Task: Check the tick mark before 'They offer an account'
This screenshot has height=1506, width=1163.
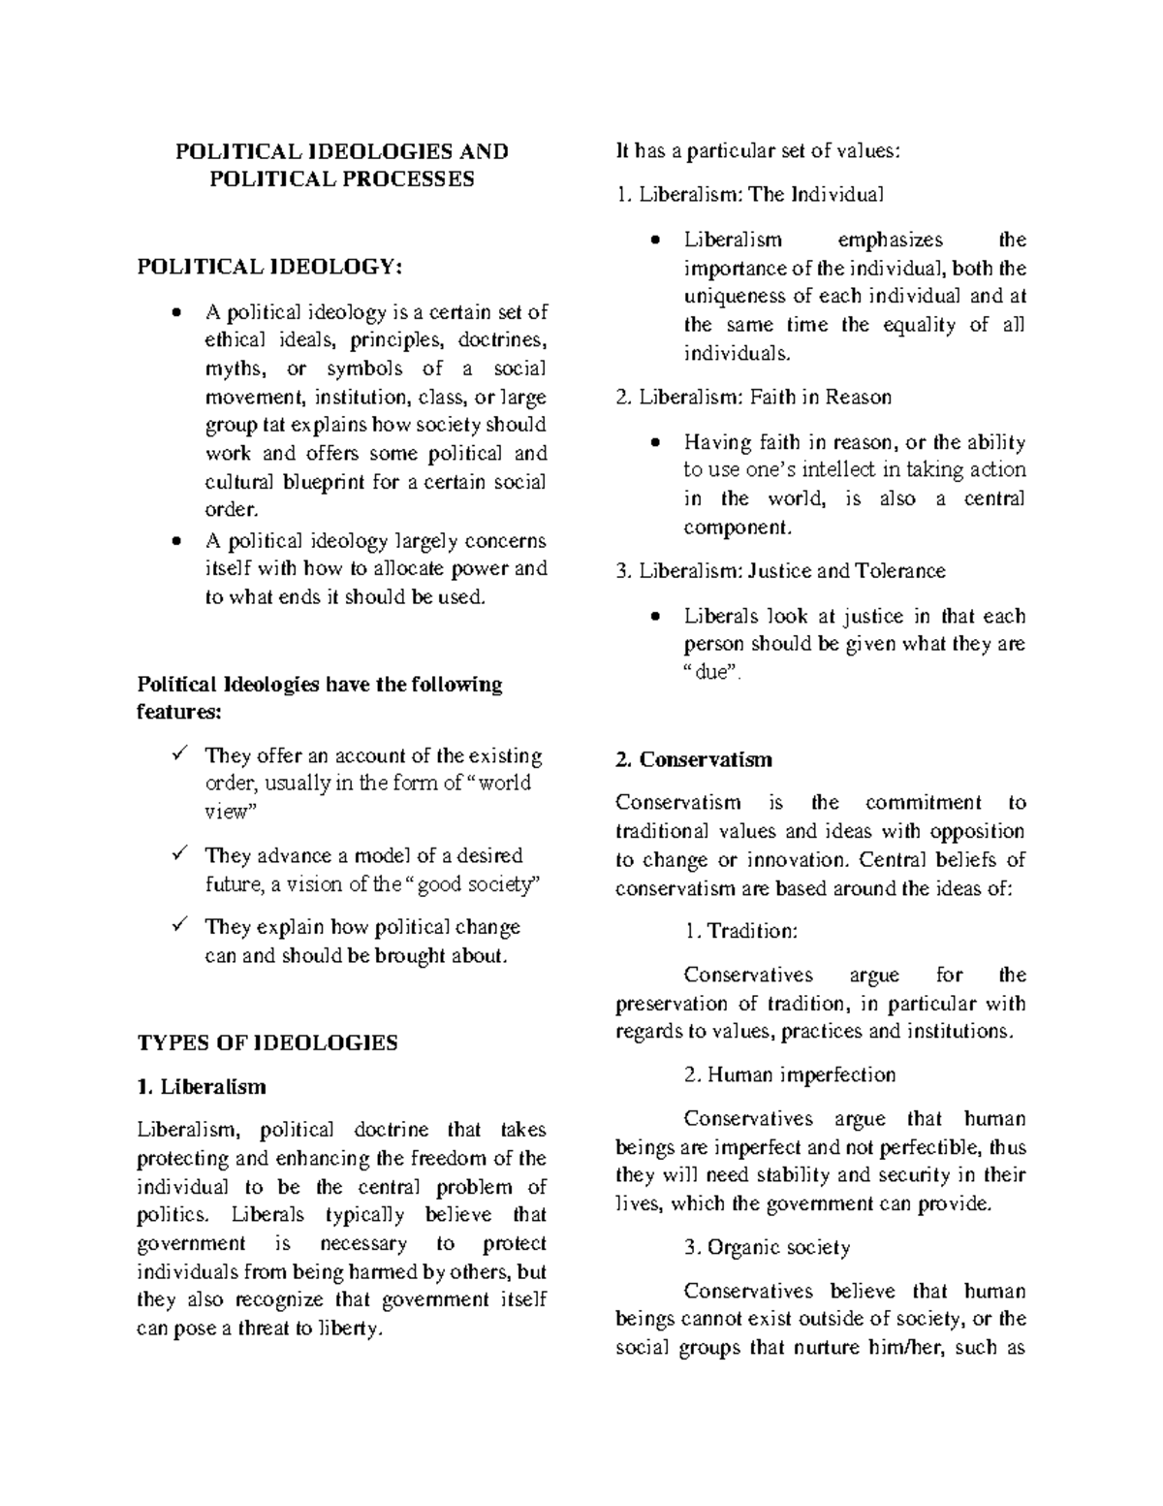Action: pyautogui.click(x=177, y=754)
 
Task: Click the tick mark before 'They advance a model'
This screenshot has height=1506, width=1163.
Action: pyautogui.click(x=177, y=854)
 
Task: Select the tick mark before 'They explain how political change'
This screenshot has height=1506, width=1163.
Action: pyautogui.click(x=177, y=926)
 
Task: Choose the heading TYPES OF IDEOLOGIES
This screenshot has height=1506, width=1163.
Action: pyautogui.click(x=267, y=1043)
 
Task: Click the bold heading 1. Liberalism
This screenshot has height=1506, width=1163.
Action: pyautogui.click(x=202, y=1086)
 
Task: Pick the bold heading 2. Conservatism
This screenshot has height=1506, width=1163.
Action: pyautogui.click(x=694, y=759)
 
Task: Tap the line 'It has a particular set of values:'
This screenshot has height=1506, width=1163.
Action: pyautogui.click(x=758, y=150)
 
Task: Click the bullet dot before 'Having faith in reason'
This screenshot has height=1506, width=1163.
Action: pyautogui.click(x=657, y=443)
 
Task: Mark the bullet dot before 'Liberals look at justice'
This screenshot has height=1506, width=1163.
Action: pyautogui.click(x=657, y=617)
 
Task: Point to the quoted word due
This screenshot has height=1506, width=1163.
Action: pyautogui.click(x=711, y=673)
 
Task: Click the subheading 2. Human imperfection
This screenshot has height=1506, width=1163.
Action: pyautogui.click(x=789, y=1074)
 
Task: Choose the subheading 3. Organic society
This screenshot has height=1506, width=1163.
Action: pyautogui.click(x=767, y=1247)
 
